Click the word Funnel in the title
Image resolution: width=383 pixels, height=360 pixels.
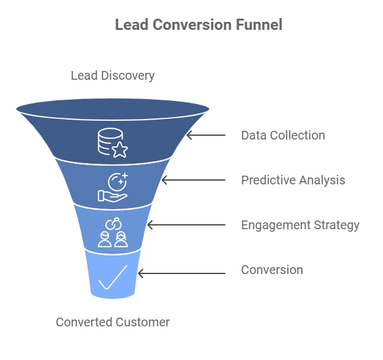[259, 25]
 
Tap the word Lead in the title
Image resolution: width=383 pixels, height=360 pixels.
[131, 25]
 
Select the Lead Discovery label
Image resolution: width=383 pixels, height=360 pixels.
[113, 76]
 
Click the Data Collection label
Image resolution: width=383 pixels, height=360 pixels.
[283, 135]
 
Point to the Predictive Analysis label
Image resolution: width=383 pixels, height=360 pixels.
[293, 180]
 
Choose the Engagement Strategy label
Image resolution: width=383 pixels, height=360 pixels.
[300, 225]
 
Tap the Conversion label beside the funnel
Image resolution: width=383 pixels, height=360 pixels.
[272, 270]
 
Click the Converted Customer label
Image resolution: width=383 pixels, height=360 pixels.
[113, 322]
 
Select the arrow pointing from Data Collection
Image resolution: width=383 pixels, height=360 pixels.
[206, 135]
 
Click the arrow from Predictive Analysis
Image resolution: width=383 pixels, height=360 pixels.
[194, 180]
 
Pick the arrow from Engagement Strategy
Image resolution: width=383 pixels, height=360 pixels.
[186, 225]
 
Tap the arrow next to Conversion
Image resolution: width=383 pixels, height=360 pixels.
[181, 273]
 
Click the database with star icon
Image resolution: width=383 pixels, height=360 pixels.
[113, 143]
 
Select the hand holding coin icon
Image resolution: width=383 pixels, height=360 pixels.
[113, 187]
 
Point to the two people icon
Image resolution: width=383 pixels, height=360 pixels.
[113, 239]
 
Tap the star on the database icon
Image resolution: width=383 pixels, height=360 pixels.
[120, 149]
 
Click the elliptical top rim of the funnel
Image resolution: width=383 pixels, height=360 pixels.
[113, 109]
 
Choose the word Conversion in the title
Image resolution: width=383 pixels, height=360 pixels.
[192, 25]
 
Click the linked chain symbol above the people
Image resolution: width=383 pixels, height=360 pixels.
[113, 224]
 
